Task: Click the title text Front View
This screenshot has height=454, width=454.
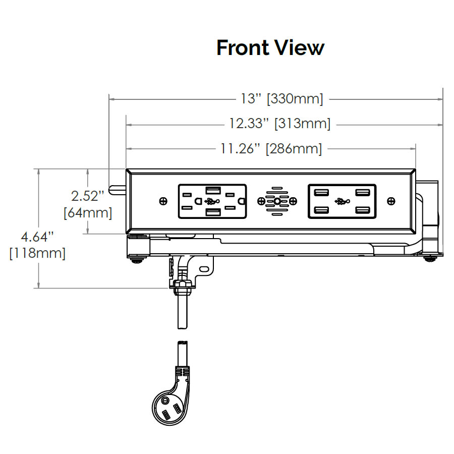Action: (270, 47)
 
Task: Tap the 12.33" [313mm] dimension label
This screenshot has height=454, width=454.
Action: (279, 124)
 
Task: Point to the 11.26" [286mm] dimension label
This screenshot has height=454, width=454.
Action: (271, 149)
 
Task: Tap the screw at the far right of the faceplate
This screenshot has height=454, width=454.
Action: (391, 201)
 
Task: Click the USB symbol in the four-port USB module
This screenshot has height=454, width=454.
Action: (342, 201)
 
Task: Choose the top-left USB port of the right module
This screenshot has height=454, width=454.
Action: (320, 192)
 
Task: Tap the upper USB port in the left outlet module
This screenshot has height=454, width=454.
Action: (212, 190)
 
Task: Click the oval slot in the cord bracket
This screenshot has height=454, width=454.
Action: (203, 270)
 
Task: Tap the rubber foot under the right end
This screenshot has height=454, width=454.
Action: (429, 259)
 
